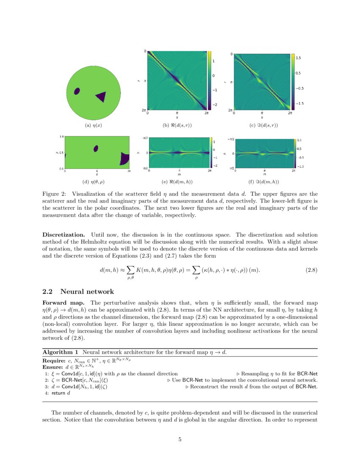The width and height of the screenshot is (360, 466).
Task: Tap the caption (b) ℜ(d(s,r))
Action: point(177,125)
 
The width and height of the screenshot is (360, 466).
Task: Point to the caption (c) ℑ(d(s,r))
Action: point(264,125)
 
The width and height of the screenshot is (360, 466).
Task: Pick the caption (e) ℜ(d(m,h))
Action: point(178,182)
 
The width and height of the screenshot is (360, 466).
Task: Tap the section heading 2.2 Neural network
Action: point(78,291)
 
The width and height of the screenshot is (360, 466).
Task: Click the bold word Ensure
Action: point(51,367)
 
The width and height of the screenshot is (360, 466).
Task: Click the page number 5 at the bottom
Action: point(180,439)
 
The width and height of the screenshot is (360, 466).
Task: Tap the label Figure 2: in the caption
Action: point(53,194)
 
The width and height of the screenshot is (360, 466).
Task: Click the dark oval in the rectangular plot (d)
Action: point(96,148)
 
